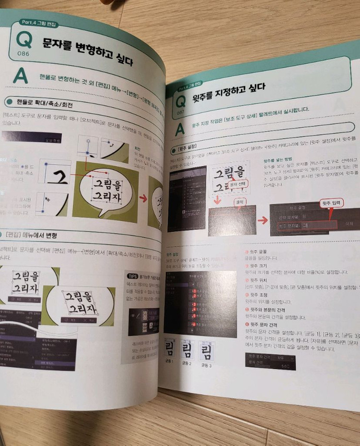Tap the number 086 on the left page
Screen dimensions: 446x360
(23, 53)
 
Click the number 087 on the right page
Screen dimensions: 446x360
(180, 113)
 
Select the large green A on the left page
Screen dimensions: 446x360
(20, 76)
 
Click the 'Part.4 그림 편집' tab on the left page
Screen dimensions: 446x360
(36, 23)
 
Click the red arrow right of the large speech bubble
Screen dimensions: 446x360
(143, 197)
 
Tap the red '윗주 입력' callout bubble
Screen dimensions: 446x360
(331, 204)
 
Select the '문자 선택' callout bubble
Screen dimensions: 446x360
(237, 184)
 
